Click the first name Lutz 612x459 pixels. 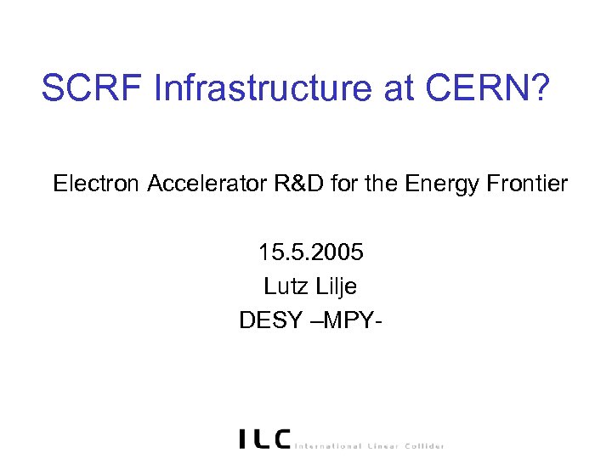[x=285, y=286]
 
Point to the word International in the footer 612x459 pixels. [x=329, y=445]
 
